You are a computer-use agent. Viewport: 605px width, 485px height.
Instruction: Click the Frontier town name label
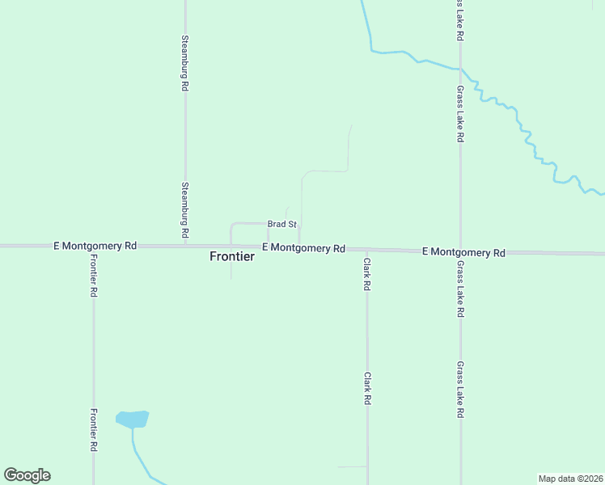[232, 256]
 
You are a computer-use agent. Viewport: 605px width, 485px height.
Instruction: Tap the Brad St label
[283, 224]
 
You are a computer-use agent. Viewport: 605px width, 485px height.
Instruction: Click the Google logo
[27, 475]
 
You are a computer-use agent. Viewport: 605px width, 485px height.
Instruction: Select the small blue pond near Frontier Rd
[132, 419]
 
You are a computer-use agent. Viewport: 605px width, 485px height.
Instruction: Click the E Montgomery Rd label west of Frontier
[95, 245]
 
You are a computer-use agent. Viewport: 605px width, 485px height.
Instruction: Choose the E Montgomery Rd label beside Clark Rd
[304, 248]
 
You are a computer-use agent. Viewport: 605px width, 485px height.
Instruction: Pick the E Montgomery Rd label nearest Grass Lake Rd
[463, 252]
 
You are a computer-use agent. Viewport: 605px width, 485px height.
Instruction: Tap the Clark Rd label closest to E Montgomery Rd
[366, 275]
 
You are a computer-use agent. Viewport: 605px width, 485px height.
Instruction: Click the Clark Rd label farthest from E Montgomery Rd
[367, 389]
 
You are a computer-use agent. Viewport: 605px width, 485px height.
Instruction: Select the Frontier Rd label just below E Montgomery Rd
[94, 276]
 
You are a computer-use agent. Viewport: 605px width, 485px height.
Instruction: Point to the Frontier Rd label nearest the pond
[94, 429]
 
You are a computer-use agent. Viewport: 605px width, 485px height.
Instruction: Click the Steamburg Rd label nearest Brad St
[185, 209]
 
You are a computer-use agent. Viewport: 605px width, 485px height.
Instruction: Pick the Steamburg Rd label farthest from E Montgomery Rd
[185, 61]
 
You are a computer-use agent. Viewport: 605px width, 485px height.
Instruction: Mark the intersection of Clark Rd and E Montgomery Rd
[366, 249]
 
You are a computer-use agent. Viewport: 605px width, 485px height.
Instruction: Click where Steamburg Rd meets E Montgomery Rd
[185, 245]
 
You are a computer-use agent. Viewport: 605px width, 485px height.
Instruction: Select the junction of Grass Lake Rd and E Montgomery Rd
[460, 251]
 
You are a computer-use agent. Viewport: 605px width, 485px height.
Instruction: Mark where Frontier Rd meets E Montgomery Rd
[94, 245]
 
